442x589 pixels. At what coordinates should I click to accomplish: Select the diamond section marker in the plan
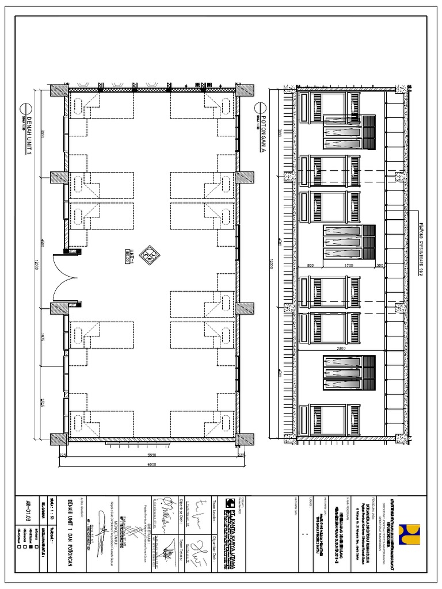tap(149, 255)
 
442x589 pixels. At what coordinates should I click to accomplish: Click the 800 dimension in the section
tap(310, 266)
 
